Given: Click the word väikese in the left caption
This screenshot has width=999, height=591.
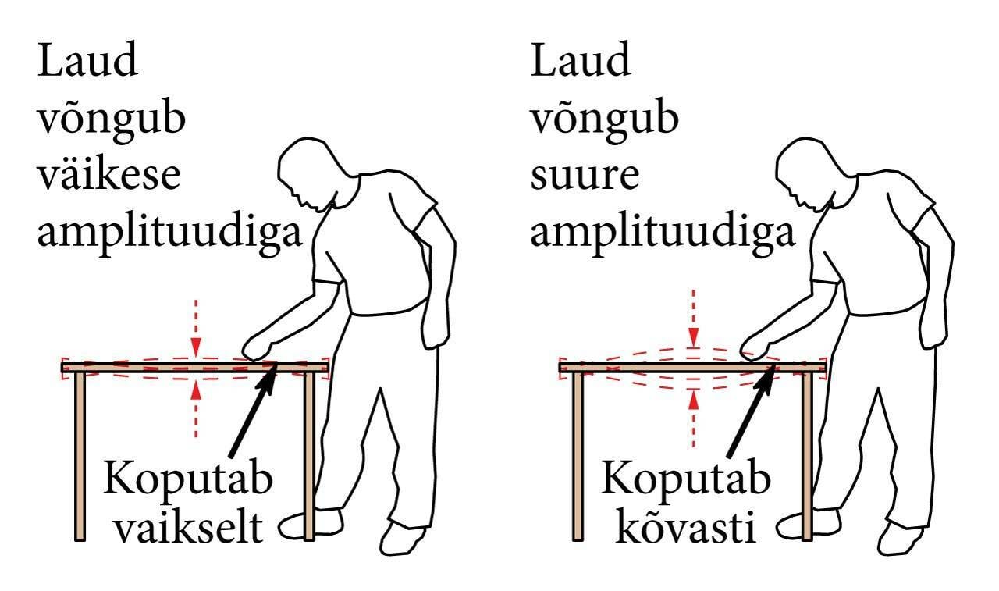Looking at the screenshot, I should click(x=109, y=176).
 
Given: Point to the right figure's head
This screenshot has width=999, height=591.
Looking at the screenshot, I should click(x=804, y=172).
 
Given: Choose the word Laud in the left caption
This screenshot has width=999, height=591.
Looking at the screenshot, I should click(x=87, y=62).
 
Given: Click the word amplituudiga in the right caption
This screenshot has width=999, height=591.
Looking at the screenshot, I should click(x=663, y=233).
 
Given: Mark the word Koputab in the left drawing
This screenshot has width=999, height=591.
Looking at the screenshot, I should click(x=187, y=478).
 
